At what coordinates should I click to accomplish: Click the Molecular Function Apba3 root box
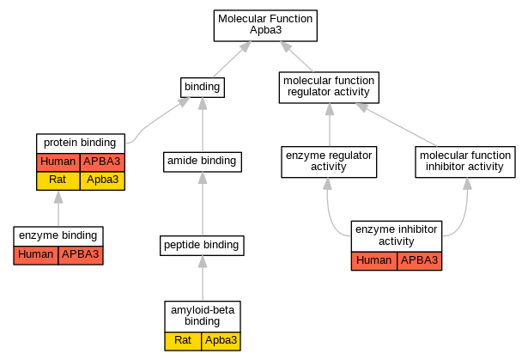coord(265,26)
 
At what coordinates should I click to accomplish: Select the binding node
coord(203,88)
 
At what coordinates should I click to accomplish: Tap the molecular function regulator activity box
coord(329,88)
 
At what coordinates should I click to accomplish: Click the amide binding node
coord(203,162)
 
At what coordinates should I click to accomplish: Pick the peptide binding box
coord(202,246)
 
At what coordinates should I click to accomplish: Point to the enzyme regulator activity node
coord(329,162)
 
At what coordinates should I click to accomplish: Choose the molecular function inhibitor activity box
coord(465,162)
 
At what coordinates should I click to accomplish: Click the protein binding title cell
coord(81,143)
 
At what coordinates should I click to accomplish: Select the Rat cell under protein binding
coord(58,181)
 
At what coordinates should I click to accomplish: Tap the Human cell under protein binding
coord(58,162)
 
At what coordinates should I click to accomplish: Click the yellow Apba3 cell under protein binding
coord(102,181)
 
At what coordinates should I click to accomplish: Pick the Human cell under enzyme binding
coord(36,255)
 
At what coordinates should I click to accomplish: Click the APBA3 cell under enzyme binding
coord(81,255)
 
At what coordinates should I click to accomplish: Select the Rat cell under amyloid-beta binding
coord(183,341)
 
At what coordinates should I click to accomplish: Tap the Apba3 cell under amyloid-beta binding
coord(221,341)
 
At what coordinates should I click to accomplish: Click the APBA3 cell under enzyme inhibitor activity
coord(419,261)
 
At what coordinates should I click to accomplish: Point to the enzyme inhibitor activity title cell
coord(397,236)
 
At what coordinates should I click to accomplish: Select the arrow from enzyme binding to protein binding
coord(58,208)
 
